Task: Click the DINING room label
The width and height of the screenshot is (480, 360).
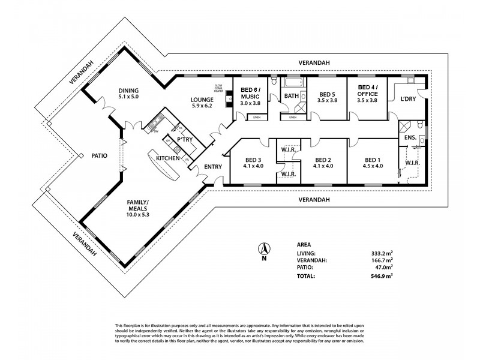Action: click(128, 89)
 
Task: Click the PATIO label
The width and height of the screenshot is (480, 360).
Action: click(99, 155)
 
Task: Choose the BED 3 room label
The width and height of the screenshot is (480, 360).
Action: click(253, 160)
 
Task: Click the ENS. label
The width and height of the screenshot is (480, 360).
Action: click(410, 137)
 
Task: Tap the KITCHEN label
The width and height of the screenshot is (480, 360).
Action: click(168, 158)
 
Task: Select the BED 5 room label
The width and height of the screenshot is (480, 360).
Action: click(327, 94)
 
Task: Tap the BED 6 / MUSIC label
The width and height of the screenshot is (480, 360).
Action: click(251, 94)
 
